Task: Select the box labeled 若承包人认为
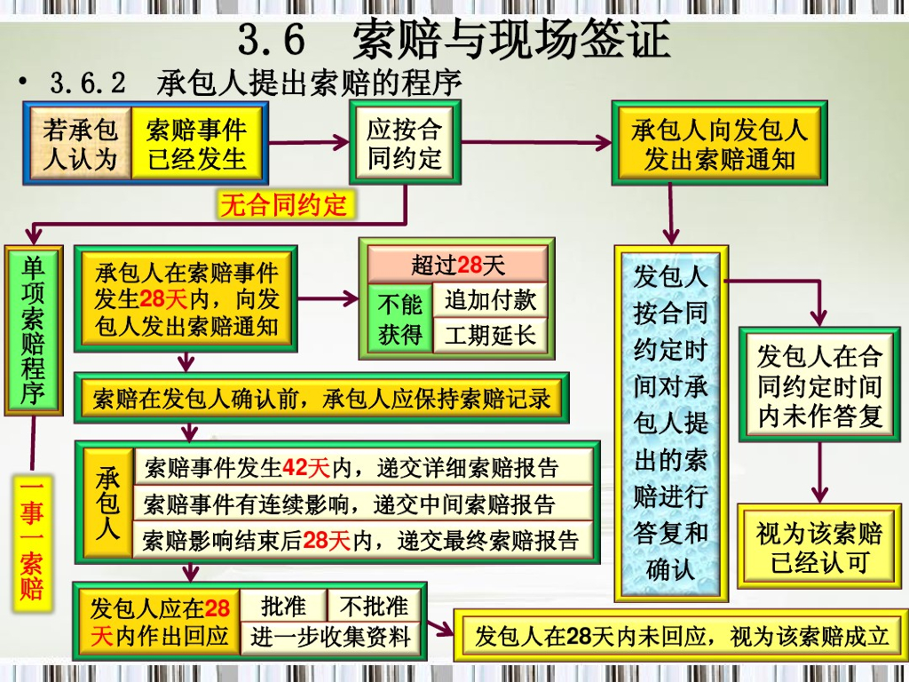80,145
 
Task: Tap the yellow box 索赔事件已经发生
196,145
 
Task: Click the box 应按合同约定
404,144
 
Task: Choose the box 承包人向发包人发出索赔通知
719,145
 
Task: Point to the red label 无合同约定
283,206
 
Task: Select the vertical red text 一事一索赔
32,540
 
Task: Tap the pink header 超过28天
457,265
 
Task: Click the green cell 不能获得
399,319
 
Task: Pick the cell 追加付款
490,300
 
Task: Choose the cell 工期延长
490,336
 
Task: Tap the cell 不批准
374,607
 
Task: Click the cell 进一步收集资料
330,637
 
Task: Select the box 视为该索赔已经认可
818,546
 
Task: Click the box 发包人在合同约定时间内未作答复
818,385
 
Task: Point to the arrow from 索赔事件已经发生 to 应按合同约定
307,141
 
